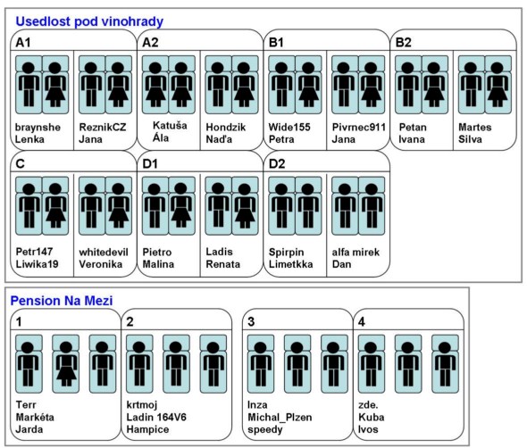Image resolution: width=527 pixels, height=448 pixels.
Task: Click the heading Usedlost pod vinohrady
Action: [89, 21]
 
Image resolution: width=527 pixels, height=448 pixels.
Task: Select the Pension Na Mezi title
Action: [62, 301]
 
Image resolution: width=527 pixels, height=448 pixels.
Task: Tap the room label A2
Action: [150, 43]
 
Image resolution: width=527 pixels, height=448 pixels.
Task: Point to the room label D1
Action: [150, 164]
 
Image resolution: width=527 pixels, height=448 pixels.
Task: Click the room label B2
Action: [404, 43]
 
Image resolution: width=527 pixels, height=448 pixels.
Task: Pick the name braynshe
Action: [38, 128]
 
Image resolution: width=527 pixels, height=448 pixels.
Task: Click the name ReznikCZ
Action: [103, 127]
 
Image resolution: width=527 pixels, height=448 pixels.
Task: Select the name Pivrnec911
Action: [358, 127]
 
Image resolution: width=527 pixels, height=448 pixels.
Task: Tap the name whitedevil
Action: [104, 252]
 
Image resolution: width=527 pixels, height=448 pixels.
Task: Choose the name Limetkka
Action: [290, 264]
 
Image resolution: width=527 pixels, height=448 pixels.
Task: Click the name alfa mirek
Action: [356, 252]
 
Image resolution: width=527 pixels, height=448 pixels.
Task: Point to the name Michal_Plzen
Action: [280, 417]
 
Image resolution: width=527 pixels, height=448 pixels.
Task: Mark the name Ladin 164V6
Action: [156, 417]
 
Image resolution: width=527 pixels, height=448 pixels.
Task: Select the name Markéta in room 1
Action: [35, 417]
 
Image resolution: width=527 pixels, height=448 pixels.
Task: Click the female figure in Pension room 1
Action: [66, 364]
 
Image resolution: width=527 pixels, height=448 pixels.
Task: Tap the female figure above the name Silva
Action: [498, 85]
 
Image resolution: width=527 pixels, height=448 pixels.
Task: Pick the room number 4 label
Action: [362, 322]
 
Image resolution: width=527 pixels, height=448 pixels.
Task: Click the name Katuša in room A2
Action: [170, 126]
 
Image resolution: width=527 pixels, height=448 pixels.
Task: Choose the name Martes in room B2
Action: [475, 127]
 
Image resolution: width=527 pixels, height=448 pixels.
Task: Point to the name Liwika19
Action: [37, 264]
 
